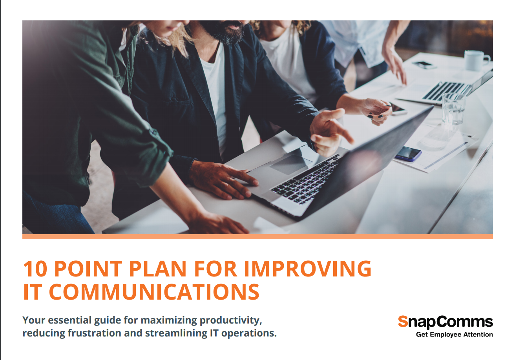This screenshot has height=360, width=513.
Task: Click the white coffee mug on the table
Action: [475, 60]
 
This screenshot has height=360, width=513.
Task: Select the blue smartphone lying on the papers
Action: [408, 153]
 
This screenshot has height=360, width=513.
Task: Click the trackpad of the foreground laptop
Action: [288, 164]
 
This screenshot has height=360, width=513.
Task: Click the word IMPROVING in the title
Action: [308, 269]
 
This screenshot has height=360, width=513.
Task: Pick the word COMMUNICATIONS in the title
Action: [155, 292]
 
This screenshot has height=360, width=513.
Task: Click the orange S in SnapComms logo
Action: [403, 322]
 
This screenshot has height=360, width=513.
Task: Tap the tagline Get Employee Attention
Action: [454, 335]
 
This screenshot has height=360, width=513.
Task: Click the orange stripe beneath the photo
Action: [257, 236]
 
